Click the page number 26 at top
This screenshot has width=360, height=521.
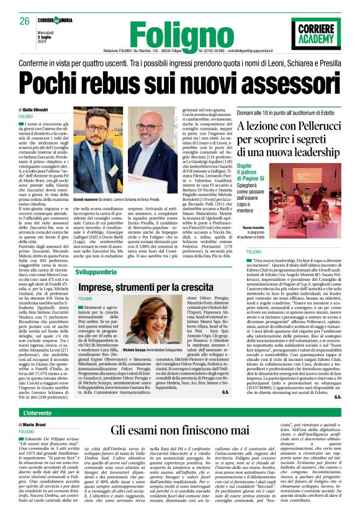point(25,20)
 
